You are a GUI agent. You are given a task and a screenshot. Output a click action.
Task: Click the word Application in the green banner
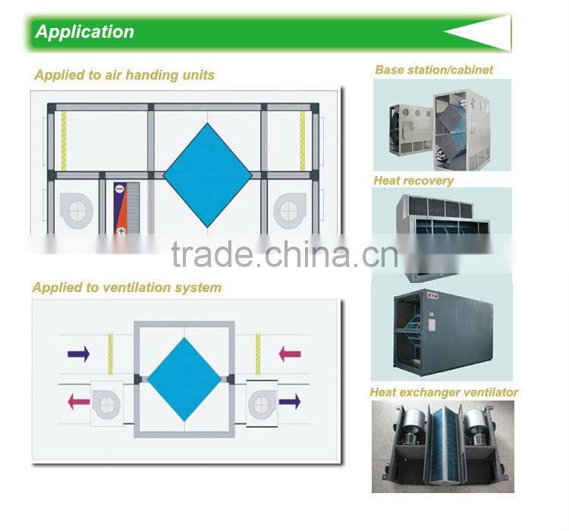click(x=84, y=33)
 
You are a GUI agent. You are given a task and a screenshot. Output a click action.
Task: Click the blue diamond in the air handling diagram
click(x=207, y=175)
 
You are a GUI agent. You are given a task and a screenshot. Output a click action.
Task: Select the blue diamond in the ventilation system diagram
click(x=184, y=379)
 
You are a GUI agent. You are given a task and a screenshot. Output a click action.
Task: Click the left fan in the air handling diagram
click(x=76, y=211)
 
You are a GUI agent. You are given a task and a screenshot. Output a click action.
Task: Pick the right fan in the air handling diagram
click(x=290, y=211)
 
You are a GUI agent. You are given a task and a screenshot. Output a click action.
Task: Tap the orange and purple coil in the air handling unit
click(x=126, y=208)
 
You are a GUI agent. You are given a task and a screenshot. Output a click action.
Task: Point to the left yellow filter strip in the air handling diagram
click(x=64, y=141)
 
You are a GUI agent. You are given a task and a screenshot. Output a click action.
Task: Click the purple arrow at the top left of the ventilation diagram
click(x=79, y=354)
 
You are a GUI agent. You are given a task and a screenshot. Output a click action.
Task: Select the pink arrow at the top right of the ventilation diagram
click(x=290, y=354)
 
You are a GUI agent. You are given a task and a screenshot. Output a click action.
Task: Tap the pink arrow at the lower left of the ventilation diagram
click(x=79, y=401)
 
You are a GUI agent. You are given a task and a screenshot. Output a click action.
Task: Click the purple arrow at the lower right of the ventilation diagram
click(x=290, y=401)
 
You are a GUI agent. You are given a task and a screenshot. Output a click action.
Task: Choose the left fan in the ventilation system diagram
click(x=106, y=404)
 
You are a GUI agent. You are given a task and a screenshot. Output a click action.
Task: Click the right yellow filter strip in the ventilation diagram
click(x=258, y=354)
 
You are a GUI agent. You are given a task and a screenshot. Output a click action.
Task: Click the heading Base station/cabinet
click(x=434, y=70)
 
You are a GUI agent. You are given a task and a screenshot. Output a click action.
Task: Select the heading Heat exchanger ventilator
click(x=444, y=392)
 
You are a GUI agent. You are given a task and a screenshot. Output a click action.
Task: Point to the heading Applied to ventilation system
click(x=127, y=287)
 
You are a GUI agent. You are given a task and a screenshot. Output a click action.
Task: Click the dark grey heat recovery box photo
click(x=443, y=330)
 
